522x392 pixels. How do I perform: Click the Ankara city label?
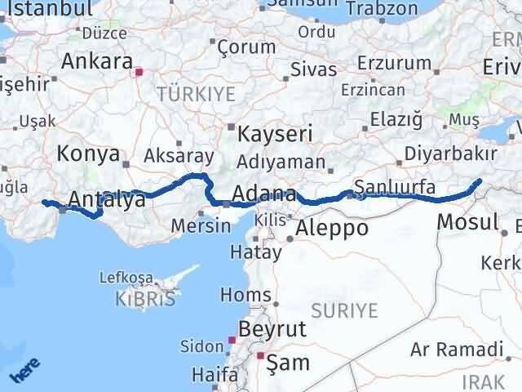pos(97,62)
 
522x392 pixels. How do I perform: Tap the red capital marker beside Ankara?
pos(139,72)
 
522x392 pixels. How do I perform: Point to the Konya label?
pos(88,154)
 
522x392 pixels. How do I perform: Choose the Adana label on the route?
pos(263,194)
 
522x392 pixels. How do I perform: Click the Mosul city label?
pos(467,221)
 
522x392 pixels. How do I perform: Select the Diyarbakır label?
pos(462,154)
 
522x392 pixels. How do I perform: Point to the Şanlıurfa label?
pos(390,186)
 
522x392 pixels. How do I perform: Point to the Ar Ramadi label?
pos(456,350)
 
